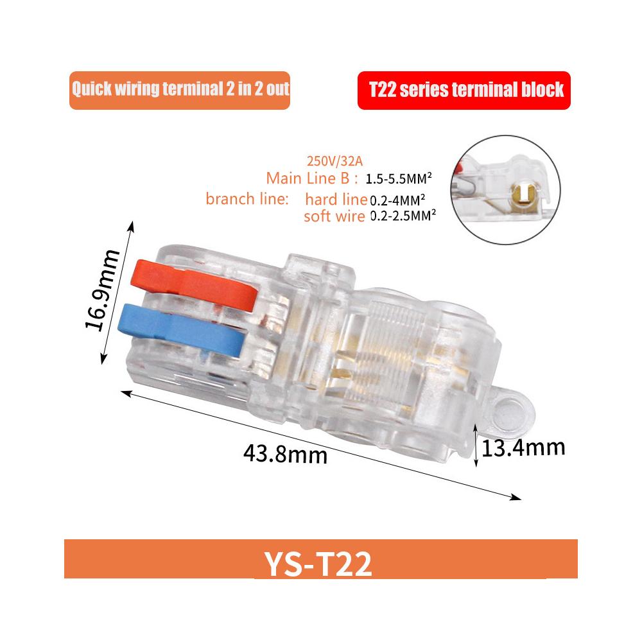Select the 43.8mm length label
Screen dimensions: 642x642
click(x=285, y=455)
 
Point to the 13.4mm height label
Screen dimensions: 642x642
click(x=523, y=446)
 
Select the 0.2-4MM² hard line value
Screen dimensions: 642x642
click(x=399, y=200)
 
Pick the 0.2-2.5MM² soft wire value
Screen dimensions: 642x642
click(x=403, y=216)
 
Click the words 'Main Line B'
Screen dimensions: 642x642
click(x=313, y=178)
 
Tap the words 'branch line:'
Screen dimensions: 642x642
click(x=247, y=199)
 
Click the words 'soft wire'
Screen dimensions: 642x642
click(x=334, y=216)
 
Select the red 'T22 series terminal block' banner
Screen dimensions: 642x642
click(x=464, y=89)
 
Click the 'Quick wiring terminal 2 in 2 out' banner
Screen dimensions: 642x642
click(x=180, y=89)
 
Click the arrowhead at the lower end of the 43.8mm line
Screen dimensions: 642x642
click(x=517, y=496)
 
